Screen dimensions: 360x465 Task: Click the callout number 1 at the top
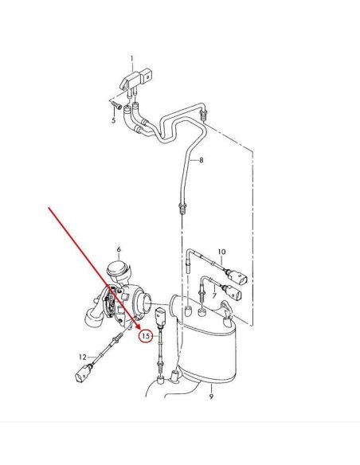coord(132,59)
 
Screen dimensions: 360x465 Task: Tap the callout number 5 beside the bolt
coord(114,120)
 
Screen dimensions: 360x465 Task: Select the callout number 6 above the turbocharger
coord(119,250)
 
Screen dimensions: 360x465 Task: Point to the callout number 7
coord(214,295)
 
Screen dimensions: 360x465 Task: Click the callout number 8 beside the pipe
coord(202,160)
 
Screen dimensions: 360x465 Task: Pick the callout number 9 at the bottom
coord(211,397)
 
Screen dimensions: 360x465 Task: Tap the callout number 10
coord(221,252)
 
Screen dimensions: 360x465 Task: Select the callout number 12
coord(83,357)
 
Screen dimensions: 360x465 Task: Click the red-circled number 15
coord(146,336)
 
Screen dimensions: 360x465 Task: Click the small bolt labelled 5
coord(117,105)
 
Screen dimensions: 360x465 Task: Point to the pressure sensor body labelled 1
coord(136,79)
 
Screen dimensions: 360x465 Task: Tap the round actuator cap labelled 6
coord(118,268)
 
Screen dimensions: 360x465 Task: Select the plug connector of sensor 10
coord(237,277)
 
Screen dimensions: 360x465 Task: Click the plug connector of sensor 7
coord(234,292)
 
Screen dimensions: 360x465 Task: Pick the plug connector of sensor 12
coord(83,373)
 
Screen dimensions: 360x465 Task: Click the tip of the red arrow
coord(139,328)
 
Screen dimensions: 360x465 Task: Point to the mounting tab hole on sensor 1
coord(147,76)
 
